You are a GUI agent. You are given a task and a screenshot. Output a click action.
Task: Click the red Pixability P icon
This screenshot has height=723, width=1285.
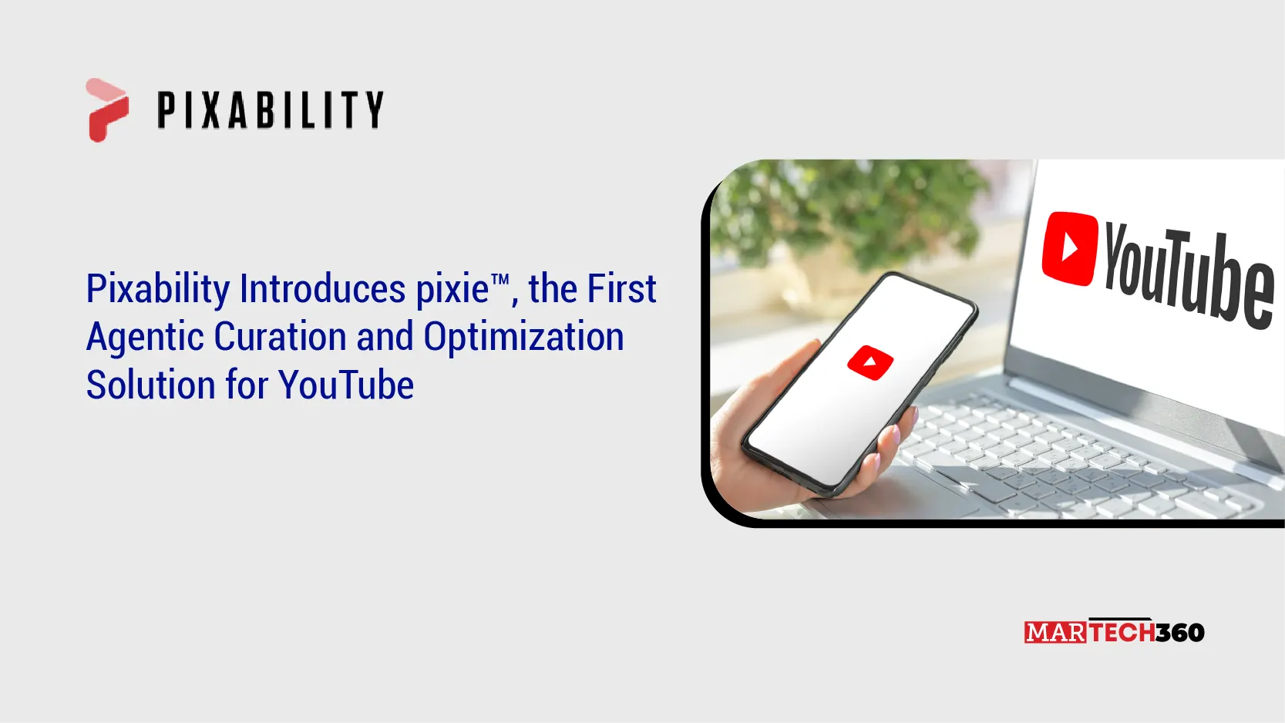(x=106, y=110)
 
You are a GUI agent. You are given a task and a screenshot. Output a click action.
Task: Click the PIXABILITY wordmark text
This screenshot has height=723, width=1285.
(x=270, y=109)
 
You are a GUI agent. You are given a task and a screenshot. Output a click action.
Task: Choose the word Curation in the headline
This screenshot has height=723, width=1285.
(x=280, y=337)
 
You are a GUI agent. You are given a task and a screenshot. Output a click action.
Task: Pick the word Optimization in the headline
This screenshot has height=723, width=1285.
(x=523, y=338)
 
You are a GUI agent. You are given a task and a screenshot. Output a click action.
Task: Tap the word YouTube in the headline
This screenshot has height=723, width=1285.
(x=346, y=385)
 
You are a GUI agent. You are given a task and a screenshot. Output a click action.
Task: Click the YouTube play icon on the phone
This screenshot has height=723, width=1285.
(x=870, y=362)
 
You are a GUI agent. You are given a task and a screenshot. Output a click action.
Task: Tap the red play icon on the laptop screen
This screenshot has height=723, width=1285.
(x=1070, y=248)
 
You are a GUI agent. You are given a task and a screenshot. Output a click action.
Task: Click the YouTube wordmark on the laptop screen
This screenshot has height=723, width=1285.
(x=1187, y=274)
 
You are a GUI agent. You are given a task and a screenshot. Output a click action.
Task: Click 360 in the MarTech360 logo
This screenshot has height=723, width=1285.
(x=1180, y=633)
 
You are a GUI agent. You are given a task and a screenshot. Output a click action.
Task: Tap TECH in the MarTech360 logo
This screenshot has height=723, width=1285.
(x=1122, y=633)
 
